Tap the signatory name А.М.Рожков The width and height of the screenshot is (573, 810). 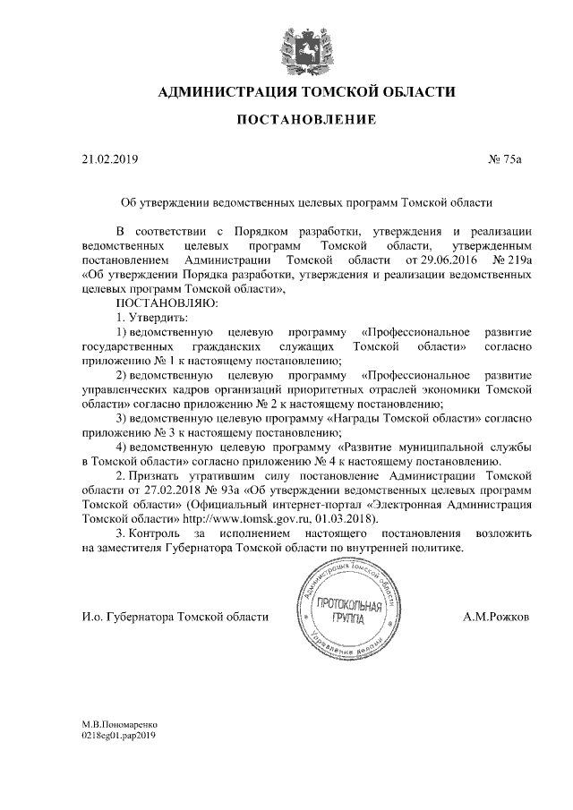497,618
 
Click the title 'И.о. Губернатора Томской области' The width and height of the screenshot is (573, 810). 175,618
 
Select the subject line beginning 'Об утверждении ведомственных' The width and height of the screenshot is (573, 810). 307,203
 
